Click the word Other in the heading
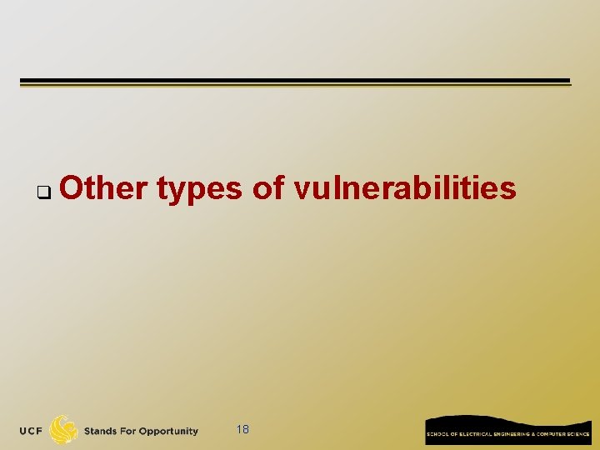(x=103, y=189)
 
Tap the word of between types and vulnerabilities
(x=267, y=189)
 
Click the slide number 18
(x=242, y=429)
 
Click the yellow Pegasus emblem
(x=64, y=430)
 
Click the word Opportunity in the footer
(x=168, y=432)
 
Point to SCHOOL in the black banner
(x=437, y=434)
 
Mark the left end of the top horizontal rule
(x=22, y=82)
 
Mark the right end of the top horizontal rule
(x=568, y=82)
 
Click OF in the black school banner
(x=451, y=434)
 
